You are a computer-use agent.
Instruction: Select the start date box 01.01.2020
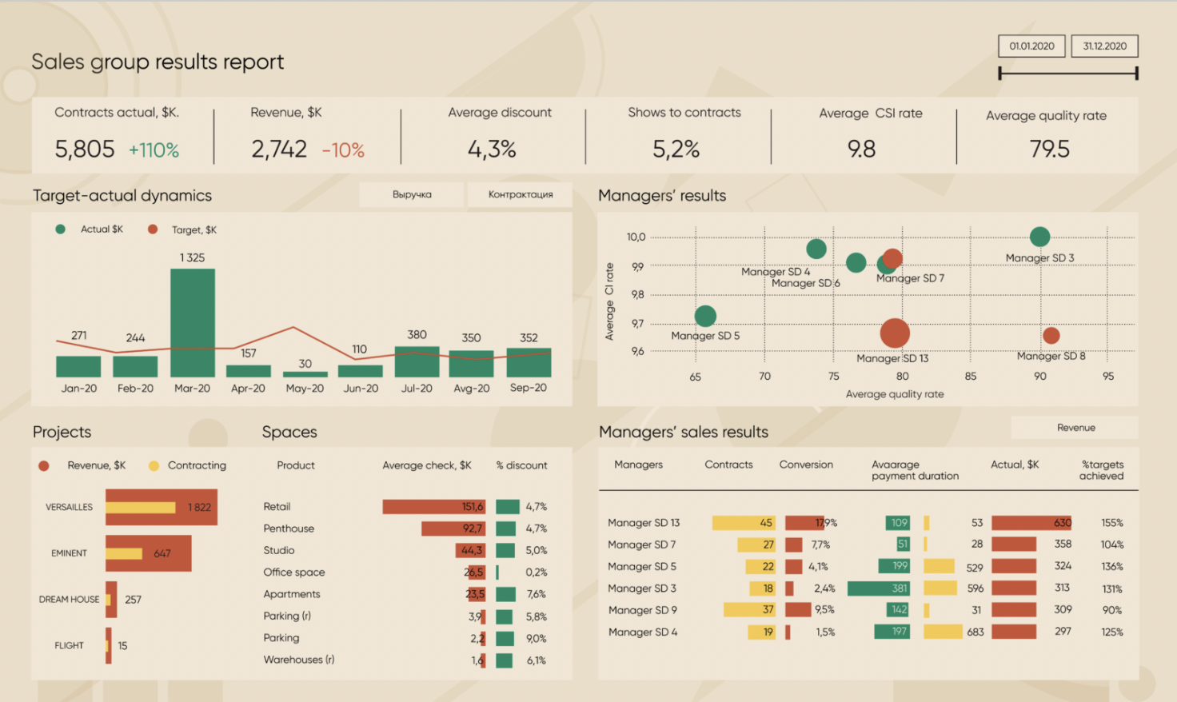[1031, 46]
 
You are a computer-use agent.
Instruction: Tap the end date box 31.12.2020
[1104, 46]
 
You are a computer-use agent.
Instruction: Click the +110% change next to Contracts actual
[154, 150]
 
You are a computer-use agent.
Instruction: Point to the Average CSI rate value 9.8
[861, 150]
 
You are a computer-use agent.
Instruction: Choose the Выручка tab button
[412, 194]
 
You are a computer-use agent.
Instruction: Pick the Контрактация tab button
[521, 194]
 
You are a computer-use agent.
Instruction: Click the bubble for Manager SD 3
[1039, 237]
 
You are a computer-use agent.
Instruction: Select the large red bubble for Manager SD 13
[895, 333]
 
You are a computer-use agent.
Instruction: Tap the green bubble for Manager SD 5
[705, 316]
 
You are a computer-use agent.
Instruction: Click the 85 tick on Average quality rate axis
[971, 377]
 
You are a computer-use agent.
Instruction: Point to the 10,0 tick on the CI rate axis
[636, 237]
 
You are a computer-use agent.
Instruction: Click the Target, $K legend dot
[153, 229]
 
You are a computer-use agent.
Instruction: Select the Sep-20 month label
[529, 388]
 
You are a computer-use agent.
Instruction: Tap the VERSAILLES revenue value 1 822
[199, 508]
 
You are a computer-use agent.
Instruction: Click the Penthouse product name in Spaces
[289, 528]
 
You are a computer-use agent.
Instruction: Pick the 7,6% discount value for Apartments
[537, 594]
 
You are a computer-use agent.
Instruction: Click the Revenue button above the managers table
[1075, 428]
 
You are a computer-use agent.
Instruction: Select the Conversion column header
[806, 465]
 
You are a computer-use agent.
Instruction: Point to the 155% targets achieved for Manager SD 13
[1111, 523]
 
